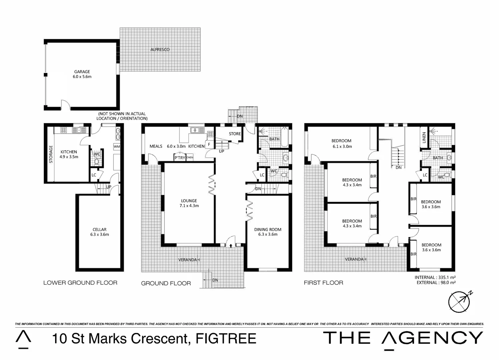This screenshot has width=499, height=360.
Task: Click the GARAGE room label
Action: (x=82, y=71)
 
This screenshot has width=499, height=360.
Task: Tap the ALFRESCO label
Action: (x=160, y=50)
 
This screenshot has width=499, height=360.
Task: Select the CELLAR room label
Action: (x=99, y=229)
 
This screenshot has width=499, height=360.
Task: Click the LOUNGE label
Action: (x=189, y=201)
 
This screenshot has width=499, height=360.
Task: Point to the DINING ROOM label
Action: (x=268, y=229)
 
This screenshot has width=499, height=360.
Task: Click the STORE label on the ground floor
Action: (x=235, y=134)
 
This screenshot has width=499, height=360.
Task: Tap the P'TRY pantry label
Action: (x=180, y=158)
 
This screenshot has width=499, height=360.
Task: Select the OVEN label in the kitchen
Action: (x=190, y=157)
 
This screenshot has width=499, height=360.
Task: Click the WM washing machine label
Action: (x=117, y=146)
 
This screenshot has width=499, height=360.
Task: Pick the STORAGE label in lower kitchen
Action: (x=51, y=154)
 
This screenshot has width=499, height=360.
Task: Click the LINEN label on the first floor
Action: (x=424, y=137)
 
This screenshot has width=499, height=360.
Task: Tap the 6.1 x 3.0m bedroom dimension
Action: (x=342, y=146)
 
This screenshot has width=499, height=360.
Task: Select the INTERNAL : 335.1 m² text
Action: (x=435, y=277)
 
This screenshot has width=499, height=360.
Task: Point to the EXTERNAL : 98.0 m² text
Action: (x=436, y=283)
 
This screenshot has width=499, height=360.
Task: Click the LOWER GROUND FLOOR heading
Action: (x=80, y=283)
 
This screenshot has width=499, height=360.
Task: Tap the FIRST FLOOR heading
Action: (x=323, y=283)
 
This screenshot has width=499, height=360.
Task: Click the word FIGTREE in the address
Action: (x=226, y=339)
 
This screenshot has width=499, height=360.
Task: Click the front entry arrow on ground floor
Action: (x=231, y=246)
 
